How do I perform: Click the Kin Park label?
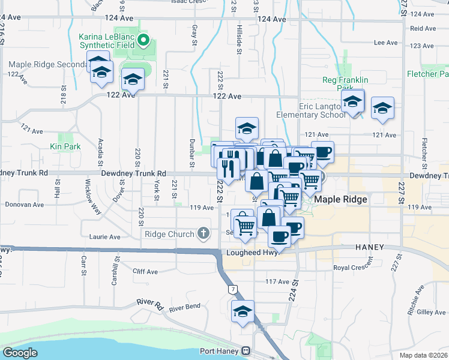[x=65, y=146]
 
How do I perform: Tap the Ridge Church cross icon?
[x=203, y=233]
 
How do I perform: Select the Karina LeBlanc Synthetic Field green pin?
[x=143, y=41]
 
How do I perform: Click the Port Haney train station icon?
[x=245, y=351]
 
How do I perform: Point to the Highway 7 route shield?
[x=232, y=289]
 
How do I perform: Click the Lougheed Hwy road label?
[x=251, y=253]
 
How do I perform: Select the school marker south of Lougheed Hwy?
[x=243, y=312]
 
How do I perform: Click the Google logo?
[x=20, y=352]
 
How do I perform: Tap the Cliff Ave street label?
[x=145, y=271]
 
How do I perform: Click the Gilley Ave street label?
[x=431, y=312]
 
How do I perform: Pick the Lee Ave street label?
[x=385, y=43]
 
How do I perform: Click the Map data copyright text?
[x=424, y=355]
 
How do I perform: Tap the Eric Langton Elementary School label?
[x=311, y=110]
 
